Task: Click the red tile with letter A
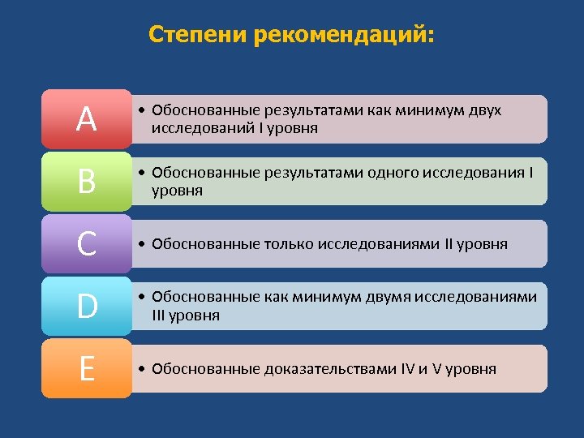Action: [86, 120]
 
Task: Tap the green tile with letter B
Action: [86, 182]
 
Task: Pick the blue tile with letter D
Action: [86, 307]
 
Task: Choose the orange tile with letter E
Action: [86, 369]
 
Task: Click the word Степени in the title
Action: [199, 36]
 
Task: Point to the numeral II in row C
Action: [453, 244]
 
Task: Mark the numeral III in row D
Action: [161, 315]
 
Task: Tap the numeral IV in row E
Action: [408, 369]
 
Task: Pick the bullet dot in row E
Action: [141, 370]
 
